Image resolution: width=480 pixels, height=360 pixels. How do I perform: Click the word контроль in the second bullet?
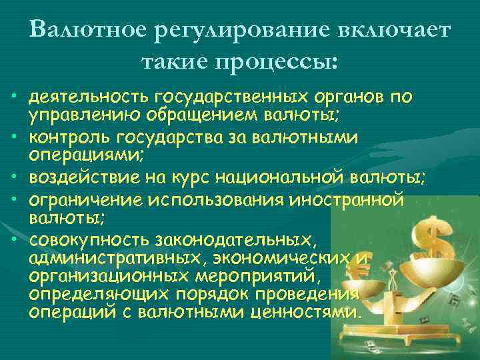click(x=63, y=137)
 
